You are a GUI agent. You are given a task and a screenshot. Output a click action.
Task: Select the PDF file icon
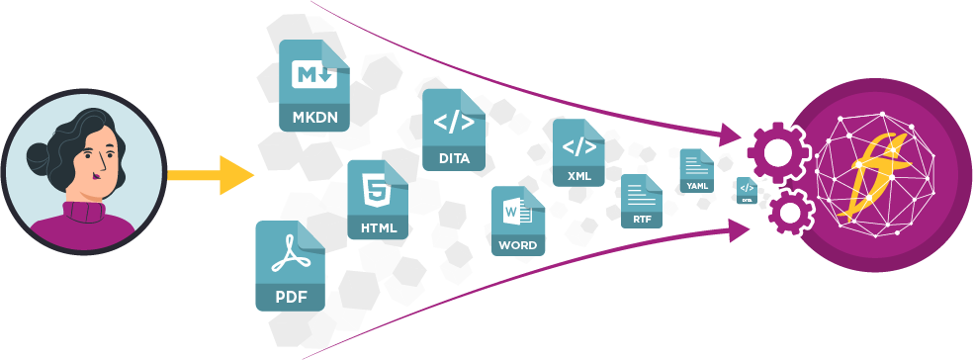[x=290, y=265]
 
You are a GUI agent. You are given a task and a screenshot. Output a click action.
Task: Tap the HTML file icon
[x=378, y=199]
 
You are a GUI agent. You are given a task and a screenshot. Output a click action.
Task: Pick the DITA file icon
[x=454, y=129]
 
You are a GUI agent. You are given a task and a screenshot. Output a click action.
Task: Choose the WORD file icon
[x=517, y=221]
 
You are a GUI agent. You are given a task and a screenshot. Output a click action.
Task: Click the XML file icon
[x=578, y=152]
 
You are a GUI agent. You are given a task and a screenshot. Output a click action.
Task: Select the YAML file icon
[x=696, y=170]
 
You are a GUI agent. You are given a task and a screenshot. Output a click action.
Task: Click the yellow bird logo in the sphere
[x=872, y=179]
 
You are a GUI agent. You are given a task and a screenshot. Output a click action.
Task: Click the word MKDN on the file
[x=314, y=117]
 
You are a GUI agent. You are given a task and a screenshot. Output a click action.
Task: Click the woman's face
[x=100, y=163]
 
